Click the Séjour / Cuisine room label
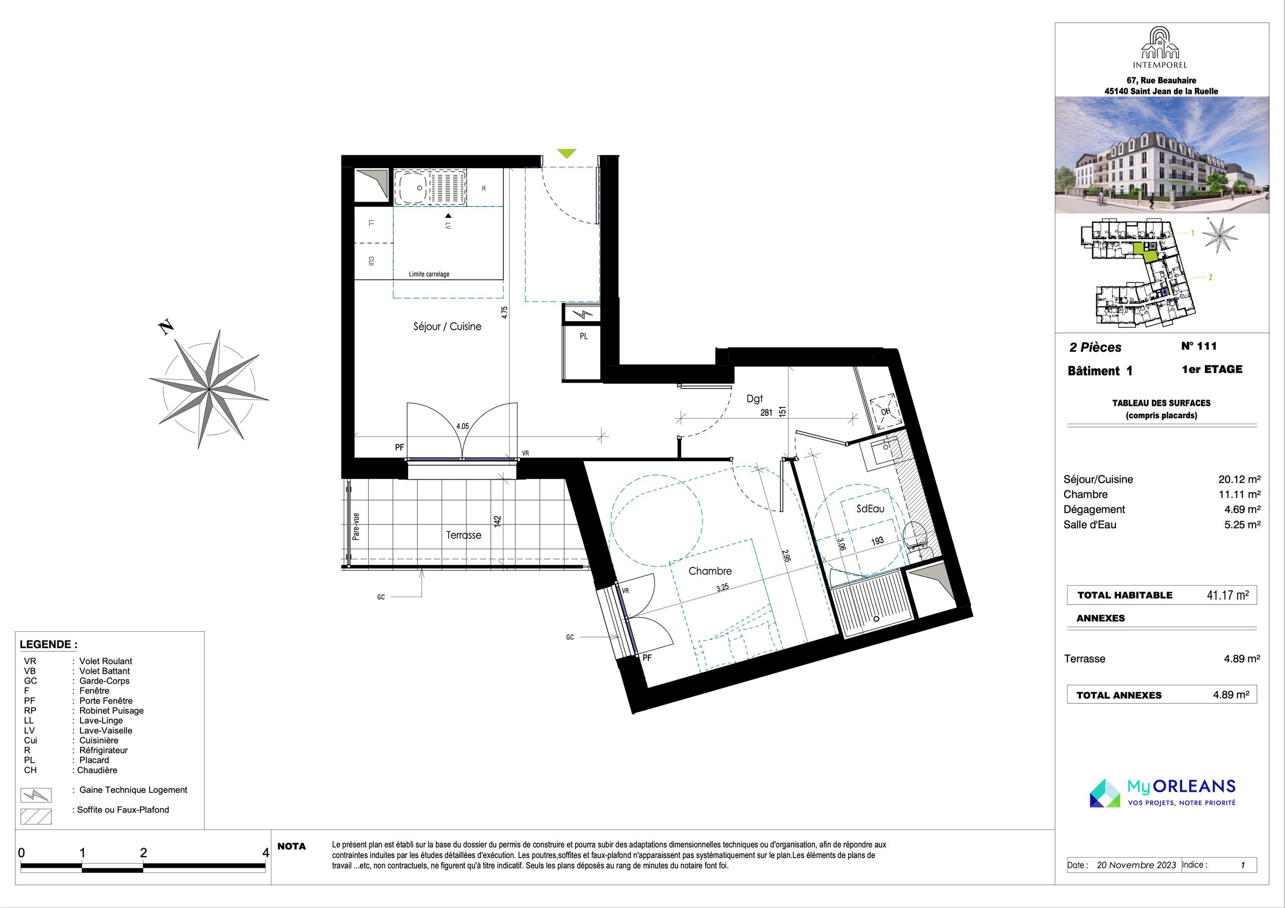point(447,326)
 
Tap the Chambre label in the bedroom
point(710,571)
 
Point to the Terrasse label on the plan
point(464,535)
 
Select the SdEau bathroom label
point(870,509)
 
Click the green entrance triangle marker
point(567,153)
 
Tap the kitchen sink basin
point(411,187)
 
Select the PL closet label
point(584,337)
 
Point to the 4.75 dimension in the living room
point(504,312)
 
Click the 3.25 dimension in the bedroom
point(723,588)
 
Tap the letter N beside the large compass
point(166,328)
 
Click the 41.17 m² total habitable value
point(1227,595)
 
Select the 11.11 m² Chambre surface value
point(1239,494)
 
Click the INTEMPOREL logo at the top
point(1159,48)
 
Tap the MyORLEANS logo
point(1162,793)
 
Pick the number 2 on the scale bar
point(143,853)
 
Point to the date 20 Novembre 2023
point(1136,865)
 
